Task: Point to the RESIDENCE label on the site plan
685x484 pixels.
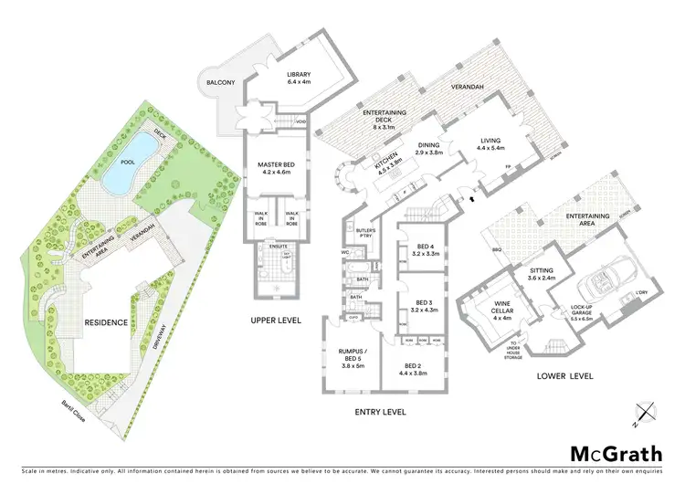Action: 106,323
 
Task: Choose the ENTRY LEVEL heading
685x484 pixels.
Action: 379,412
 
